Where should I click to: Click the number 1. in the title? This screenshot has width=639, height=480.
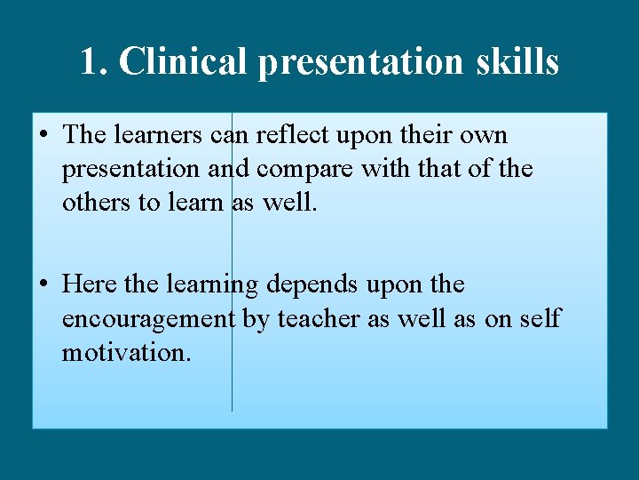click(x=94, y=62)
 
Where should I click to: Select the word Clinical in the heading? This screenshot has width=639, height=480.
click(x=184, y=62)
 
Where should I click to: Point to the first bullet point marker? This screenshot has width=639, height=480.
click(x=43, y=136)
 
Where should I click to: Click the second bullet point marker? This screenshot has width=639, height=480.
click(x=43, y=285)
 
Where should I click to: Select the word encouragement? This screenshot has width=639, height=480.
click(x=148, y=319)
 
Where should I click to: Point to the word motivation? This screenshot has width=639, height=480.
click(x=125, y=351)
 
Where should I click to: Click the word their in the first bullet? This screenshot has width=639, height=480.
click(x=426, y=135)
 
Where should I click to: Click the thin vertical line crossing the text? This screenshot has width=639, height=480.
click(x=232, y=382)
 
